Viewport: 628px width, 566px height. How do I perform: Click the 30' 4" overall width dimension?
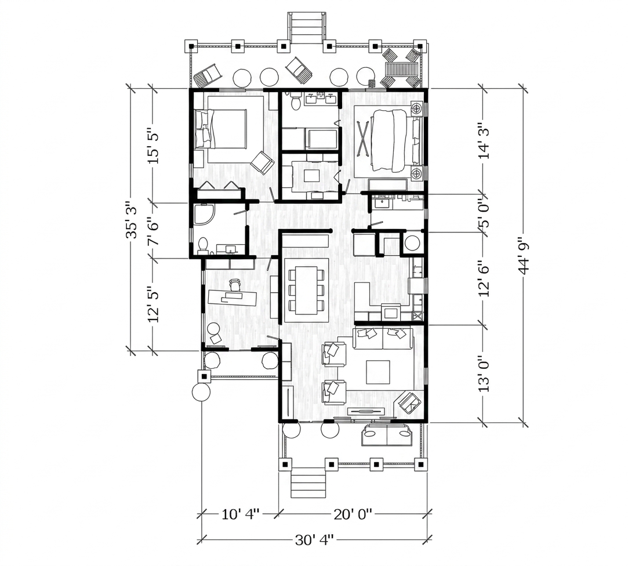click(314, 540)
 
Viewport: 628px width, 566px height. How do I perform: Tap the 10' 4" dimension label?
click(240, 514)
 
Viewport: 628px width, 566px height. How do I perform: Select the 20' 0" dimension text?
click(353, 514)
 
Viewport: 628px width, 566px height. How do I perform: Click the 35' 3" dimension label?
click(132, 220)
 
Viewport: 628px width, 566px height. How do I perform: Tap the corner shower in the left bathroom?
click(204, 215)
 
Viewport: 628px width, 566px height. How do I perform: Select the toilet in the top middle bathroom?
click(296, 100)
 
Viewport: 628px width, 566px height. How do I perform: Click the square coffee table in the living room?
click(377, 372)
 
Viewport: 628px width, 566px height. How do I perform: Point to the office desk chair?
click(234, 285)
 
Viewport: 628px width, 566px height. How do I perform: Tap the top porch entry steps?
click(305, 27)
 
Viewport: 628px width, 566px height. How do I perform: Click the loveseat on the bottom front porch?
click(387, 436)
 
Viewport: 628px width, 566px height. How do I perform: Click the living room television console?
click(366, 411)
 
